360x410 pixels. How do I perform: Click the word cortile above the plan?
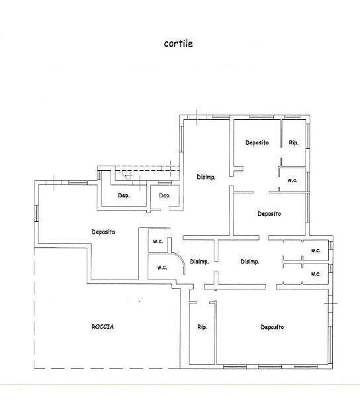179,44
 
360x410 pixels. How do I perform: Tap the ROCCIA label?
103,327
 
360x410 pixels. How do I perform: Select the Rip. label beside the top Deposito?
294,143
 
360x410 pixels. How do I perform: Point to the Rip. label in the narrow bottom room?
202,327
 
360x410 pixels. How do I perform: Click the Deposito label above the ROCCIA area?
103,232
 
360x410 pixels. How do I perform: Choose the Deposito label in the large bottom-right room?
272,327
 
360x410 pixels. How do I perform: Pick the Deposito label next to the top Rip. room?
257,143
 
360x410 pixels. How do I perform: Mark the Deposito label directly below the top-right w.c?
269,214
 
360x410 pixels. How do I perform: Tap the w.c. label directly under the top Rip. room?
292,180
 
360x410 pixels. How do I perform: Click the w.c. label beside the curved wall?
162,268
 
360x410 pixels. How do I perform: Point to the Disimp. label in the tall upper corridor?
206,177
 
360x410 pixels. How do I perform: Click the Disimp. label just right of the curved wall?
199,262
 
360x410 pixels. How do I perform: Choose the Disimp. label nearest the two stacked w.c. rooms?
249,262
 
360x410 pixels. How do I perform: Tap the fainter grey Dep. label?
165,195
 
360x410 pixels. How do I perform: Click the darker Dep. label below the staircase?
124,195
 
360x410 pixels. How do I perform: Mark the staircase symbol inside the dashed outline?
124,174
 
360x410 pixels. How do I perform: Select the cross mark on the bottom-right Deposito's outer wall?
331,303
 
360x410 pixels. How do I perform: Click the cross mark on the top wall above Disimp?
197,117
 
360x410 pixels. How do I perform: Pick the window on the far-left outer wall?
36,214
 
